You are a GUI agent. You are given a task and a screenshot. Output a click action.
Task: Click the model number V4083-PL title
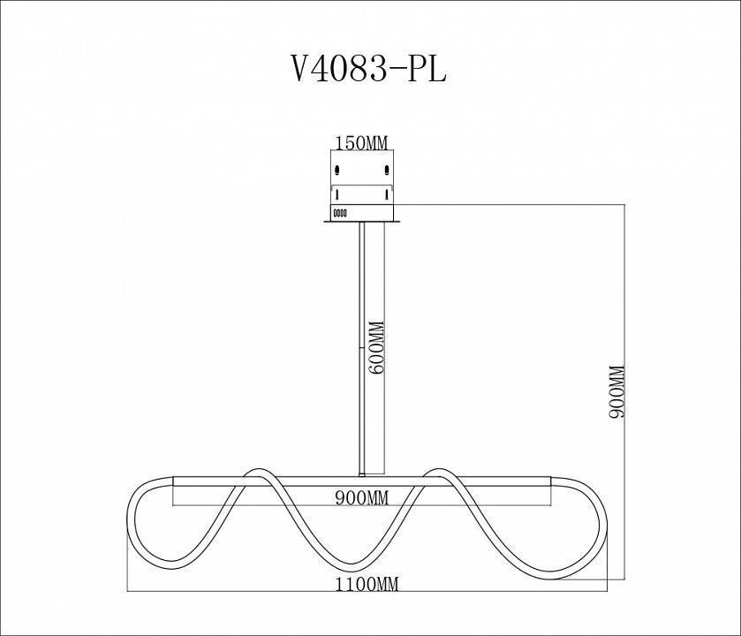(x=368, y=69)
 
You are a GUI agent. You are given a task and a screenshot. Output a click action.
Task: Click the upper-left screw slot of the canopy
(x=336, y=168)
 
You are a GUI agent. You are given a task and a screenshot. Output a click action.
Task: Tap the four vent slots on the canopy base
(x=339, y=212)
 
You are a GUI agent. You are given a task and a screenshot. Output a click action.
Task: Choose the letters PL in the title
(x=427, y=69)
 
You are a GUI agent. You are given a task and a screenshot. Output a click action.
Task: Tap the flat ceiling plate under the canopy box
(x=361, y=222)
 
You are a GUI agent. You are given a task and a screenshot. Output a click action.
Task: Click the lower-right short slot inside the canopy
(x=387, y=193)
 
